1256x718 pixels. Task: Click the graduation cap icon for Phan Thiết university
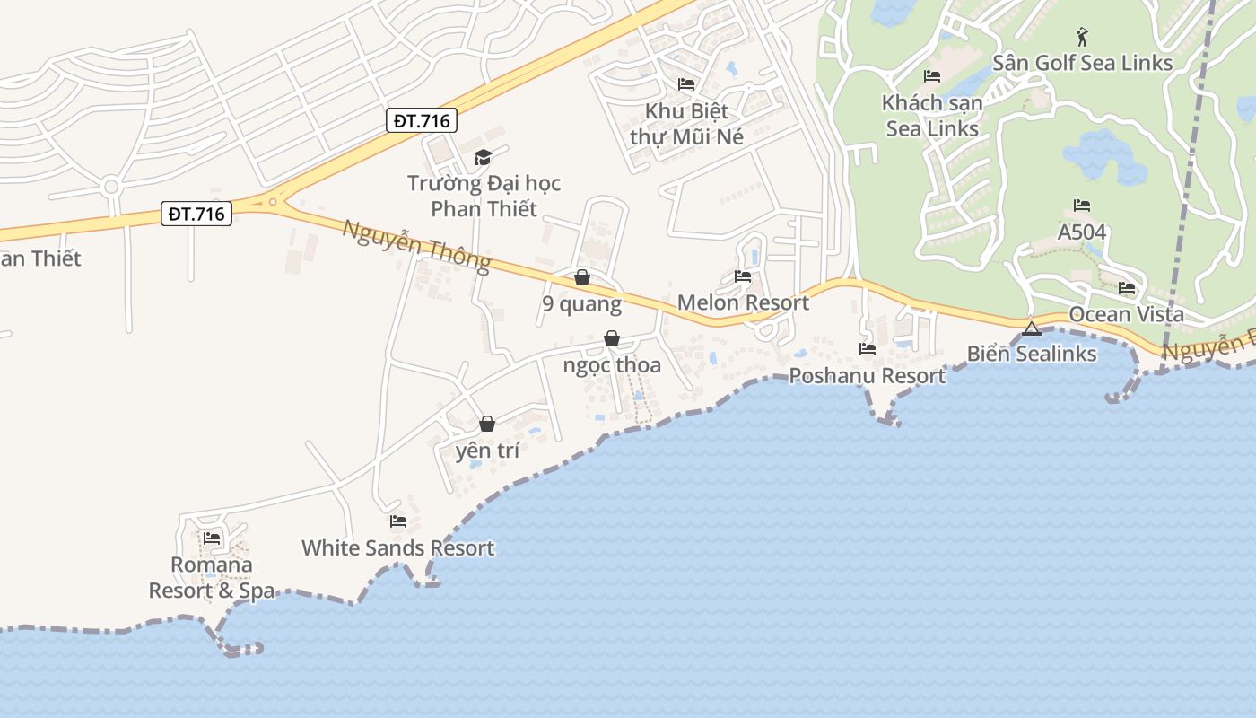[483, 158]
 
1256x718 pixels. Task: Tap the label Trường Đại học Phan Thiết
[484, 196]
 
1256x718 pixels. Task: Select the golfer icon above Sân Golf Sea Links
[1082, 37]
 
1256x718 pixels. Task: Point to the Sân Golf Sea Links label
[1082, 63]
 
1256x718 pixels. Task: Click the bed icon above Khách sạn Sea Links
[932, 76]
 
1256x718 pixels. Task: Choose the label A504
[1081, 232]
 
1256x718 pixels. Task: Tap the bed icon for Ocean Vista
[1127, 288]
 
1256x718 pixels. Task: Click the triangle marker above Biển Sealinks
[1032, 328]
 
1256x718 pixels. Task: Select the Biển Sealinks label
[1032, 354]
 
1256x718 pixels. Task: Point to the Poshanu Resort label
[867, 375]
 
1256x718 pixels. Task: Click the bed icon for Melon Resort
[743, 276]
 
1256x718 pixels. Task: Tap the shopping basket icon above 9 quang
[582, 277]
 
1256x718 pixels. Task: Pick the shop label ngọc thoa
[612, 365]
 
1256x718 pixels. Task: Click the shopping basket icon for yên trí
[487, 424]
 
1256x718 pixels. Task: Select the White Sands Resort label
[397, 547]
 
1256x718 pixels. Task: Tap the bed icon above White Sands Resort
[398, 521]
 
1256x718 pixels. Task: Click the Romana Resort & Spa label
[213, 577]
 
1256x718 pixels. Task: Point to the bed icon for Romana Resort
[212, 538]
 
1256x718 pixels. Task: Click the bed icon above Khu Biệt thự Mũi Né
[686, 84]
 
